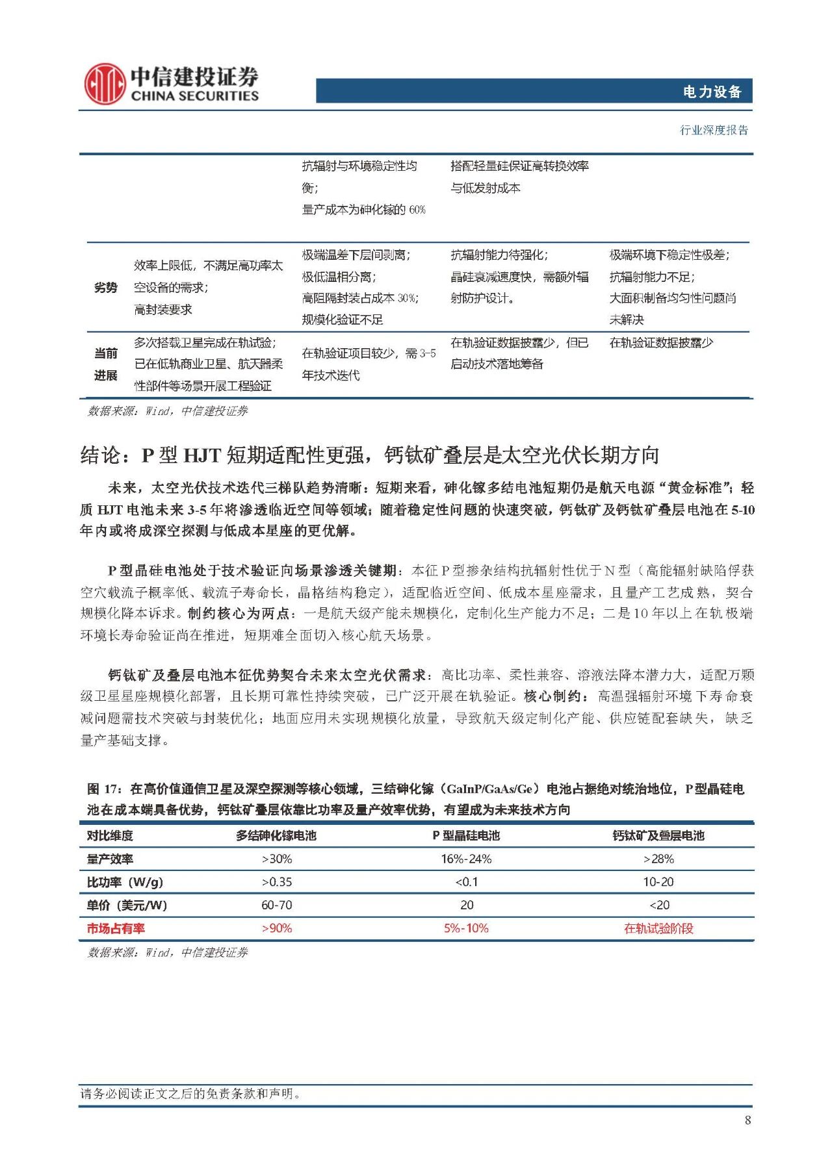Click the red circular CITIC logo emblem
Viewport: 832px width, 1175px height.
click(x=104, y=84)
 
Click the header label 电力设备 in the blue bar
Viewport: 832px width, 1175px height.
click(x=712, y=92)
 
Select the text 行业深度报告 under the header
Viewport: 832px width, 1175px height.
click(x=714, y=130)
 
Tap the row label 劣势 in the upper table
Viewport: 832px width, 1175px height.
click(x=106, y=287)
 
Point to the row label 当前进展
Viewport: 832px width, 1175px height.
click(x=106, y=364)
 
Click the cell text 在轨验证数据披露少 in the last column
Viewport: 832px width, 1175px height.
click(x=660, y=342)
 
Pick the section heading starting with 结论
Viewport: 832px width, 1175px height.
click(x=369, y=455)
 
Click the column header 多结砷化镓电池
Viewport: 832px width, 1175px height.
click(x=276, y=835)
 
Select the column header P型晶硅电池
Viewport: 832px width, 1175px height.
click(x=466, y=835)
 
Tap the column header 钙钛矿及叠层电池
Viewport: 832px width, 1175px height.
click(x=658, y=835)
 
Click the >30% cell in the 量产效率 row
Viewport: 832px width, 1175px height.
click(x=277, y=859)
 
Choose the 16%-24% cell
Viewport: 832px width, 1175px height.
click(x=466, y=859)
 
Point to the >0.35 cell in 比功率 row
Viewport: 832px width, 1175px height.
click(x=277, y=882)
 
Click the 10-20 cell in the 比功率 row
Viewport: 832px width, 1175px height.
click(x=658, y=882)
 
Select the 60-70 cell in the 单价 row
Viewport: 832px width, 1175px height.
click(x=277, y=905)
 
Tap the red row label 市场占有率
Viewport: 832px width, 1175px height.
click(x=116, y=928)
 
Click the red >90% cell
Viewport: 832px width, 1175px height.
click(x=277, y=928)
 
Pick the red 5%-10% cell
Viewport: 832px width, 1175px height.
click(x=466, y=928)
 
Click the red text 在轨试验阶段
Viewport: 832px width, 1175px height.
click(x=658, y=928)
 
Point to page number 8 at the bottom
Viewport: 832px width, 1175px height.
click(x=747, y=1120)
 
